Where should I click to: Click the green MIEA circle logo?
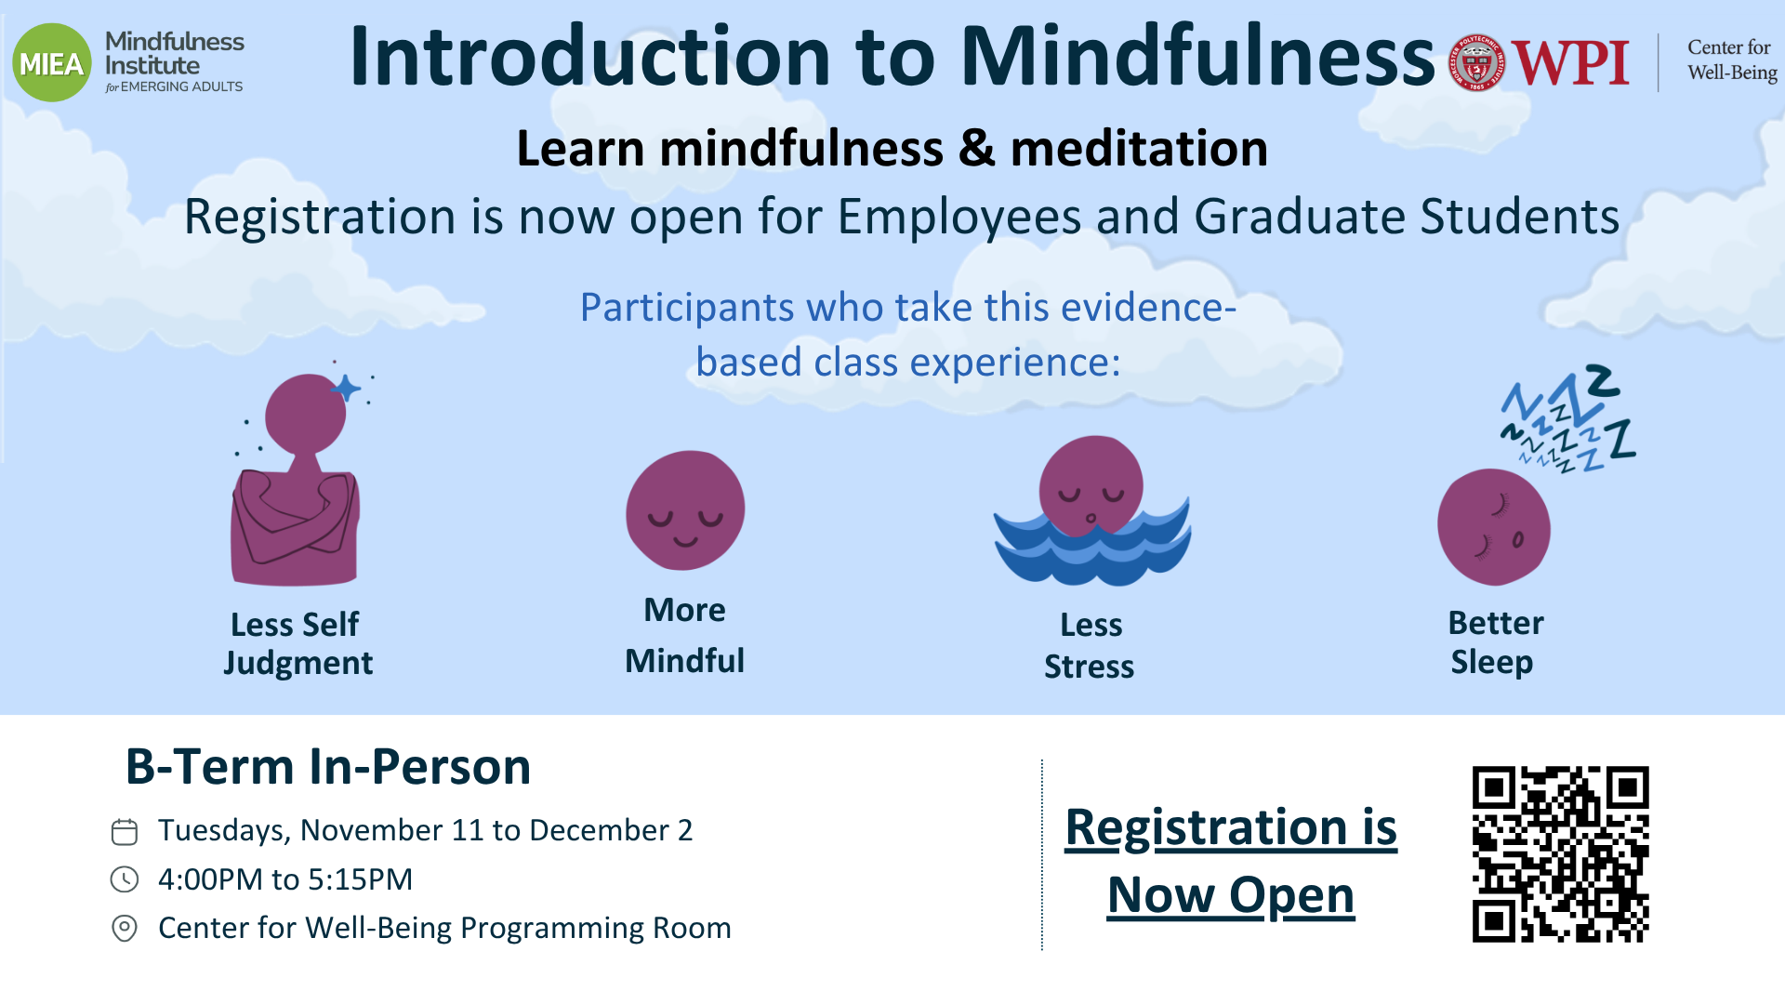tap(52, 62)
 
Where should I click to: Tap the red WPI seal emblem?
tap(1476, 63)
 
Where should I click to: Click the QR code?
tap(1560, 853)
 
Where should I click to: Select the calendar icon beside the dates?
tap(125, 831)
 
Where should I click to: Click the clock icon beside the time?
tap(125, 879)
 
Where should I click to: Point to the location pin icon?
tap(125, 928)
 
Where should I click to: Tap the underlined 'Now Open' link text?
tap(1231, 895)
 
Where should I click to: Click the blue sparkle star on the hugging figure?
tap(346, 388)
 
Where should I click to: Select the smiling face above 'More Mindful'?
tap(685, 510)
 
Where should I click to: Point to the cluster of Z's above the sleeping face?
tap(1568, 418)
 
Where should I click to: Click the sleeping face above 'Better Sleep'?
tap(1494, 527)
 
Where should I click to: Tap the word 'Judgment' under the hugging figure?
tap(297, 664)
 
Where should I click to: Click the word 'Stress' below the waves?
tap(1090, 667)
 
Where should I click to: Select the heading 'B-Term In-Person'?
tap(328, 767)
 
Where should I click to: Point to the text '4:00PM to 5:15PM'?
tap(285, 879)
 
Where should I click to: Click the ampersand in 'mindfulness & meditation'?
tap(976, 149)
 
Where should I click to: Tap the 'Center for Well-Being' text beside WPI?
tap(1732, 59)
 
